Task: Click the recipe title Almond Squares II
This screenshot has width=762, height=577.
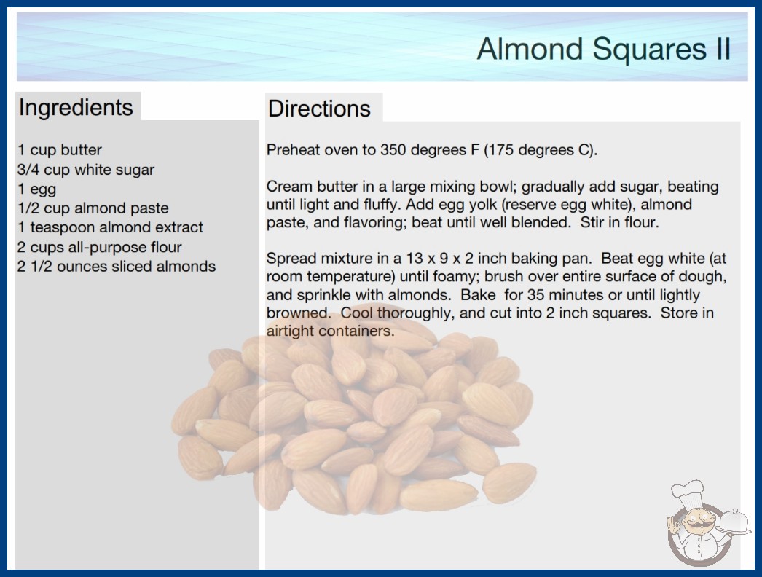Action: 604,49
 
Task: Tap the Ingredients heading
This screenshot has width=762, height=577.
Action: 76,108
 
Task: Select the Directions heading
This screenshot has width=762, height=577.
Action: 319,109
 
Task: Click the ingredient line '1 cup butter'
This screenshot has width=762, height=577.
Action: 60,150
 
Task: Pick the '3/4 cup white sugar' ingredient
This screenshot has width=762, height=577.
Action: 86,169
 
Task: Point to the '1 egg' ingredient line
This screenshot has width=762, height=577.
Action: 37,189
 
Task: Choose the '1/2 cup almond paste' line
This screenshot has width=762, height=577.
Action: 93,208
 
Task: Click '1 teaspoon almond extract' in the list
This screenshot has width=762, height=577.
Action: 110,227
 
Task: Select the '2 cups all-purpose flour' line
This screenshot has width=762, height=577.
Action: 100,247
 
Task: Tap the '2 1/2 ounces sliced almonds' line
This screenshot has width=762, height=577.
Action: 117,267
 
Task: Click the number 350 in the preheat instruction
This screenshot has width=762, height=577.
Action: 393,150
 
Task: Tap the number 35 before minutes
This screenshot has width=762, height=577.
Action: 535,294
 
